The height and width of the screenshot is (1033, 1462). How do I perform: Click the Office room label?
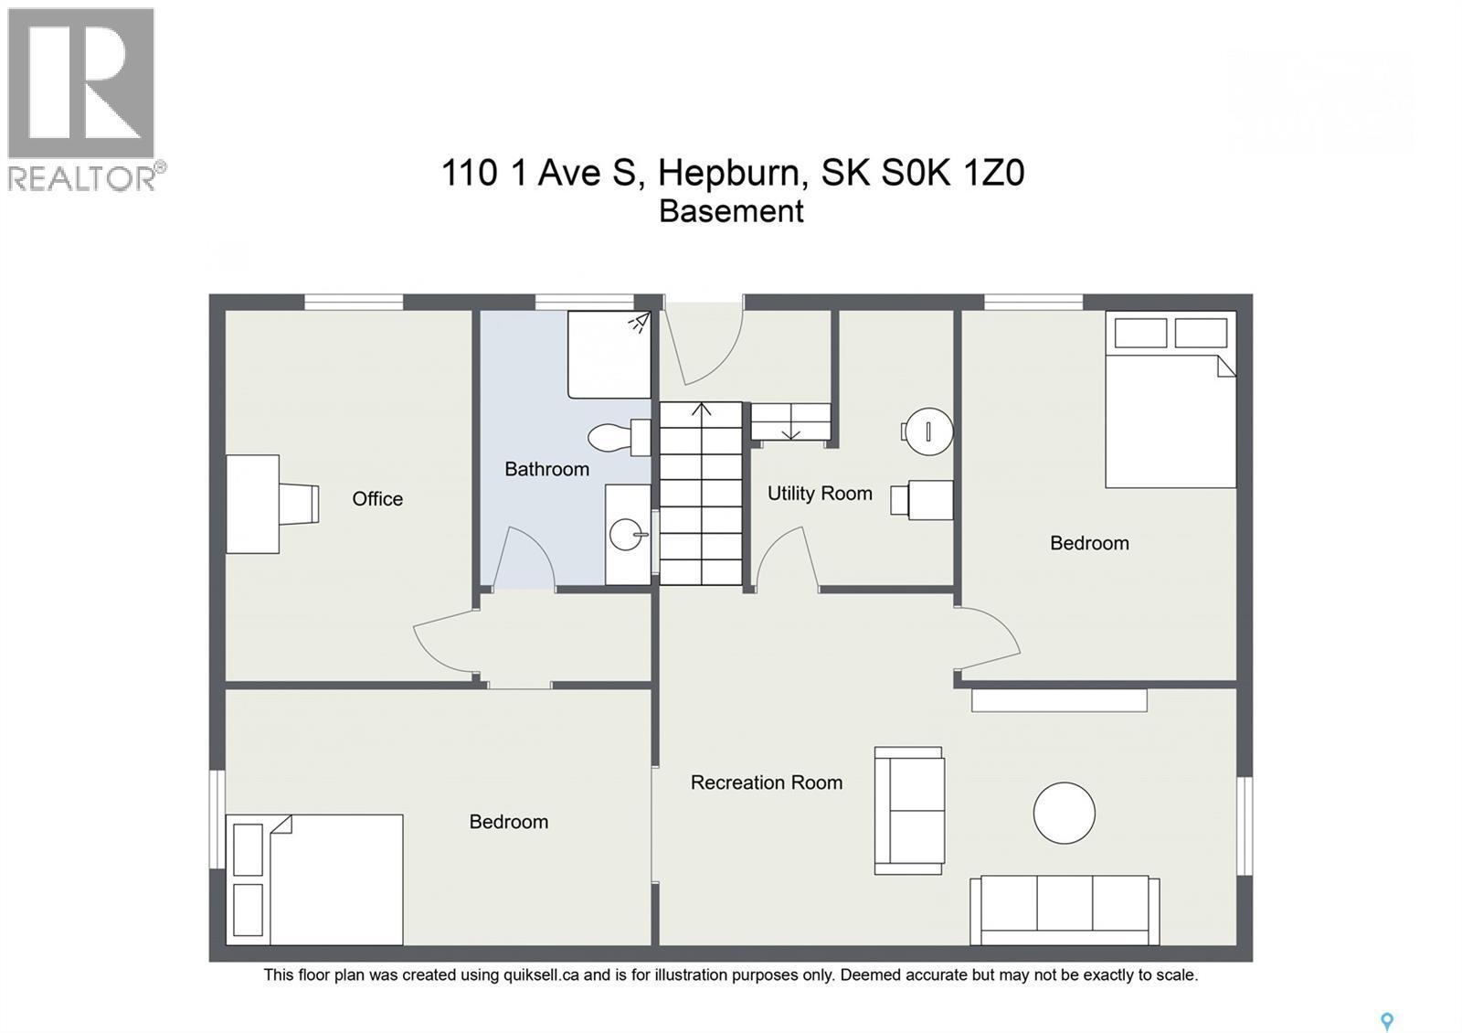377,498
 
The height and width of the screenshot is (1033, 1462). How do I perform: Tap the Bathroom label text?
546,469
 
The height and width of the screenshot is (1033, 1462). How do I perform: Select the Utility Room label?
820,494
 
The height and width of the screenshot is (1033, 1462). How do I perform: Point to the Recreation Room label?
766,783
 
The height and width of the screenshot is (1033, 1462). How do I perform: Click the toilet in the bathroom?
618,438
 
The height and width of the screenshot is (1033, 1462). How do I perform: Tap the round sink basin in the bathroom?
626,534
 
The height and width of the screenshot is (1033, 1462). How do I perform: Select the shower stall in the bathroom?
609,355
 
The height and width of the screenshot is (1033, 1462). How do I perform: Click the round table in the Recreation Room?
1064,813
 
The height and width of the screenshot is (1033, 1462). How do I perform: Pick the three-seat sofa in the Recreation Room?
1065,910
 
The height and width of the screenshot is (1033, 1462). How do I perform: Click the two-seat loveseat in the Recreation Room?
908,810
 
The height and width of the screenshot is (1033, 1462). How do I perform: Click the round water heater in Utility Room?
927,431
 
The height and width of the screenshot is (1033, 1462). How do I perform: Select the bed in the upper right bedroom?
1170,399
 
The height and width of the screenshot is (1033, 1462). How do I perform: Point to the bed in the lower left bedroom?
314,879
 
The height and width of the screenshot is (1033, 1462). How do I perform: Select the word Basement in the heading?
731,211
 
